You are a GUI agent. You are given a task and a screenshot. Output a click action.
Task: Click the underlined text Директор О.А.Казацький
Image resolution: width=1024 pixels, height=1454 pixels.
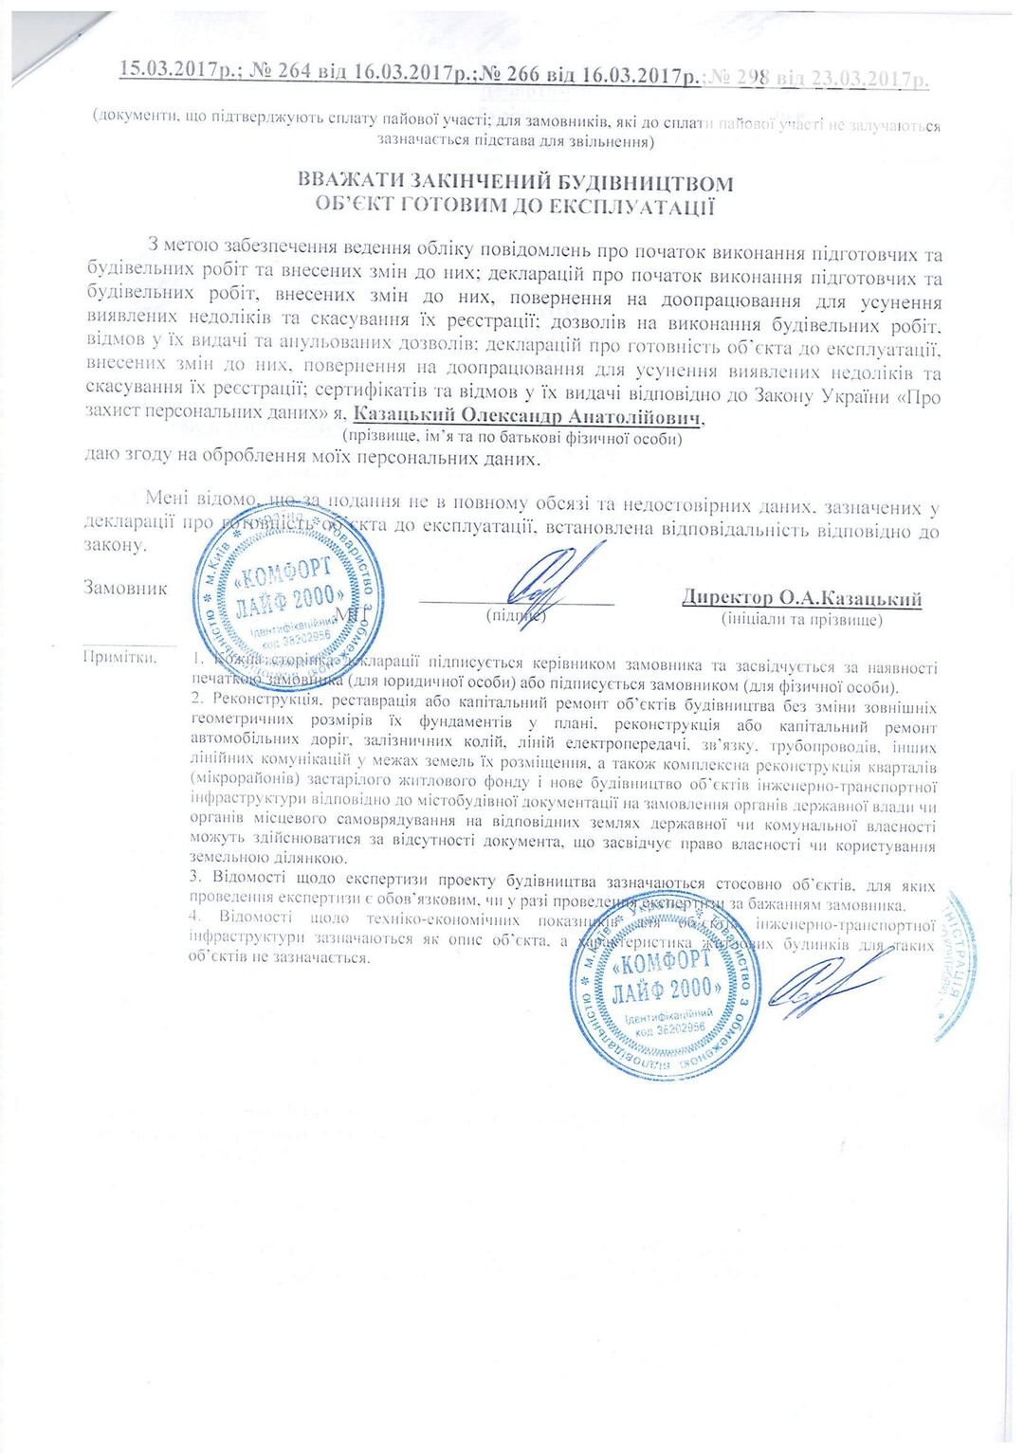pyautogui.click(x=801, y=598)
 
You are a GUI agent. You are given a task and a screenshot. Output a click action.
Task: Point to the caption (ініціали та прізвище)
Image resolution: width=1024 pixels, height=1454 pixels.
pyautogui.click(x=801, y=620)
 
